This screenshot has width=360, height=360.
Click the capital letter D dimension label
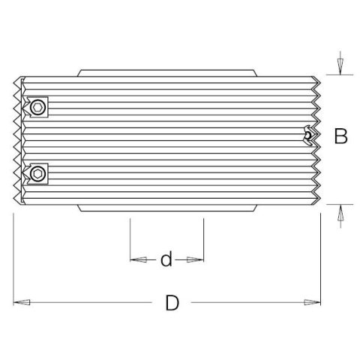click(172, 303)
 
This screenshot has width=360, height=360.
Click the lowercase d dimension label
click(166, 259)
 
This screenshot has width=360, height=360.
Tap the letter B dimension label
click(340, 136)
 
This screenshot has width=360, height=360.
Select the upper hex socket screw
click(37, 108)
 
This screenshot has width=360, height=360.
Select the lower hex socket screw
click(37, 175)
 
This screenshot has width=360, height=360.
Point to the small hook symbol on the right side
click(307, 134)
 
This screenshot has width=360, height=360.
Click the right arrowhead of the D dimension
click(313, 303)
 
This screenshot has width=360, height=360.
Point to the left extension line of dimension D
click(13, 255)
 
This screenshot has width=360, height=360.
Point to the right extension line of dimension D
click(321, 255)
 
